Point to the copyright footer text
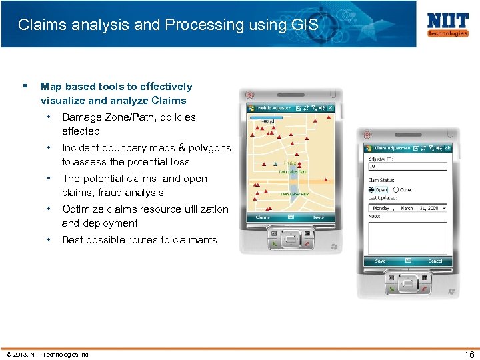[47, 354]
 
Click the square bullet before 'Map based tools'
[25, 86]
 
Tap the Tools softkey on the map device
[318, 217]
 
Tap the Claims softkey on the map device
[263, 217]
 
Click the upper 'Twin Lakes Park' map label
[293, 171]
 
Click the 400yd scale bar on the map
[267, 119]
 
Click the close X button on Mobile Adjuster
[330, 108]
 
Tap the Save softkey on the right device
[380, 261]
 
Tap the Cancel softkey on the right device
[435, 261]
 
